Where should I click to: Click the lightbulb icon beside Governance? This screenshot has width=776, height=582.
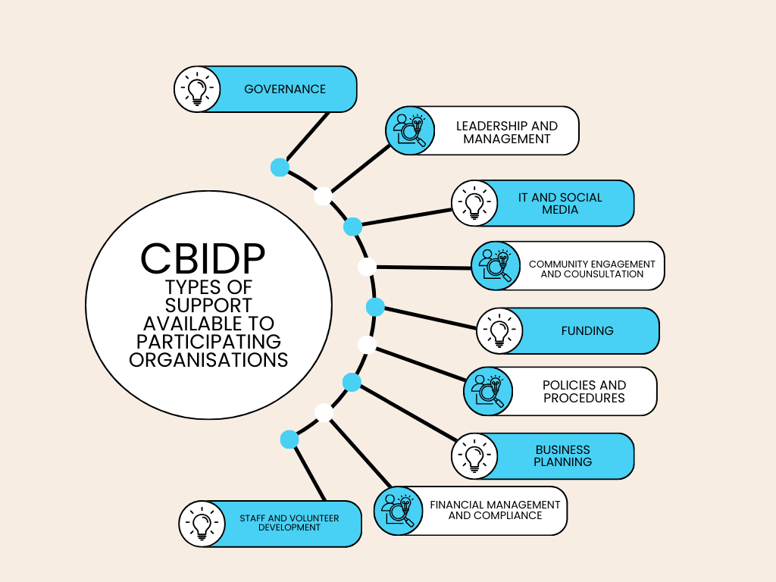coord(197,89)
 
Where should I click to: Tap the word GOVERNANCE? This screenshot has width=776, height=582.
coord(285,89)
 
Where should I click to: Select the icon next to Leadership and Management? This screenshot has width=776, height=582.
coord(410,130)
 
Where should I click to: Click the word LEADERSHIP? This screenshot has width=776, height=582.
coord(485,126)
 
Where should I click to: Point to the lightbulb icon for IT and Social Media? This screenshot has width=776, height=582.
coord(474,203)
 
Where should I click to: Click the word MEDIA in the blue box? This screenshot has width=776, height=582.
coord(560,210)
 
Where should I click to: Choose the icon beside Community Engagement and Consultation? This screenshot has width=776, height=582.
coord(496,265)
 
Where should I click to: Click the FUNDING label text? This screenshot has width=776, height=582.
coord(587,331)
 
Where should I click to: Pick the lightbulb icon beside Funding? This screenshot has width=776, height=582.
coord(499,330)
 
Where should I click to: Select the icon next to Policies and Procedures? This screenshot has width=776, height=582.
coord(488,391)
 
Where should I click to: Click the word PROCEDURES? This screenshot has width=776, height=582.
coord(584,398)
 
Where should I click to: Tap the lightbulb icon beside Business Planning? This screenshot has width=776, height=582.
coord(474,456)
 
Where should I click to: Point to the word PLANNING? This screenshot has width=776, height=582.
coord(563,462)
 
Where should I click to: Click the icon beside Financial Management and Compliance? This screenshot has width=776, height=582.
coord(399,510)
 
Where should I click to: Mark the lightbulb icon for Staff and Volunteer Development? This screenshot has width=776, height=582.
coord(202,524)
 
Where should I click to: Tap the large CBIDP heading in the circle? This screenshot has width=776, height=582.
coord(203,259)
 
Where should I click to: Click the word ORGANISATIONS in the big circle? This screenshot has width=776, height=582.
coord(208,359)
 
